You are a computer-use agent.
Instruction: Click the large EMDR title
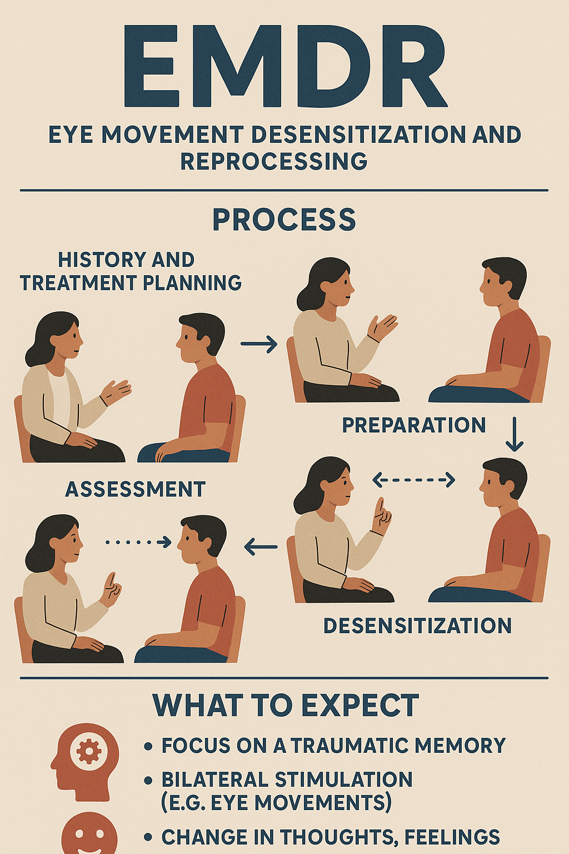click(x=284, y=67)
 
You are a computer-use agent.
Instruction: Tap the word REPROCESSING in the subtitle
click(x=273, y=161)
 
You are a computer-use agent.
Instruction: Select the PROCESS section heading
click(x=284, y=220)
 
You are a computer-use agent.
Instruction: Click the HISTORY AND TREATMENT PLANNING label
click(x=131, y=271)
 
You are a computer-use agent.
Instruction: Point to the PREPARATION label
click(x=414, y=425)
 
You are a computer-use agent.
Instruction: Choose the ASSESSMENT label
click(x=136, y=489)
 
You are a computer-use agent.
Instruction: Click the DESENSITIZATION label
click(x=417, y=626)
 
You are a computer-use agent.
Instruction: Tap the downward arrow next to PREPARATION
click(x=515, y=434)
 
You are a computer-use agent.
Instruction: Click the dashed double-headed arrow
click(x=413, y=479)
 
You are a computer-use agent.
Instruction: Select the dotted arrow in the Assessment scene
click(x=138, y=542)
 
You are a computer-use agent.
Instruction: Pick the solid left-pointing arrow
click(x=261, y=547)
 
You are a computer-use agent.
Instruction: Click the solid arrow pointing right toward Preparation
click(x=259, y=344)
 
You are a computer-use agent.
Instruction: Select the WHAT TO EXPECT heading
click(x=286, y=706)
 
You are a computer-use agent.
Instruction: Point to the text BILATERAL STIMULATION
click(x=287, y=779)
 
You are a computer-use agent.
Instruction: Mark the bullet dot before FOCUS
click(x=148, y=746)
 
